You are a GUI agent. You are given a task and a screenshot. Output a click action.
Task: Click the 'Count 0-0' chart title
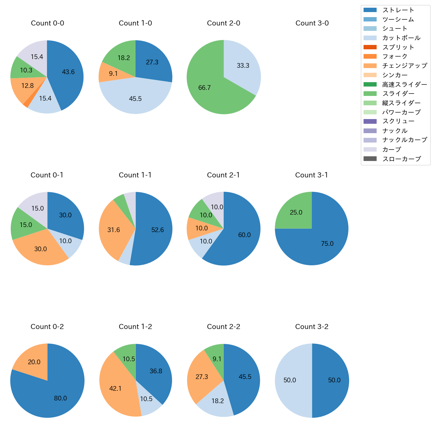click(47, 23)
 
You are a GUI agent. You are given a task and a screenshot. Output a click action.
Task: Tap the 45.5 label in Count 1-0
click(135, 99)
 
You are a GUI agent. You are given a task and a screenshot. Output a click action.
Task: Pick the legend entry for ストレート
click(398, 10)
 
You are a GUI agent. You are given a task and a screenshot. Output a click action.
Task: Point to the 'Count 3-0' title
click(312, 23)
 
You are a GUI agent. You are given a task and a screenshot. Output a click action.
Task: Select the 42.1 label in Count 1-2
click(115, 388)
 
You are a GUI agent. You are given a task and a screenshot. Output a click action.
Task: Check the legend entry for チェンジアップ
click(404, 66)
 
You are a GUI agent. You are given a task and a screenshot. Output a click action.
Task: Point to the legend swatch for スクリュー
click(370, 121)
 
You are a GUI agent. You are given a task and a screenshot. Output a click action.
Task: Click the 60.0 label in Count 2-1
click(244, 235)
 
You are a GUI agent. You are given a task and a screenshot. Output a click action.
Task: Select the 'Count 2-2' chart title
click(224, 327)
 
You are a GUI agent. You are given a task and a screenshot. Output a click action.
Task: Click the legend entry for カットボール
click(401, 38)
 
